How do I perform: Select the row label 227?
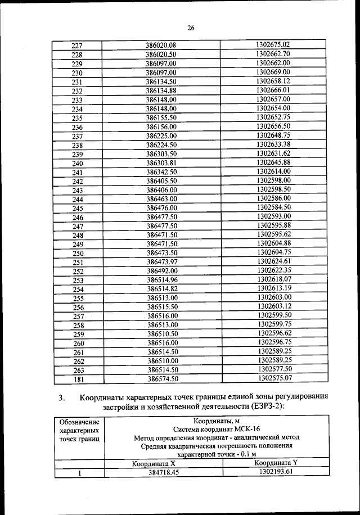pyautogui.click(x=78, y=46)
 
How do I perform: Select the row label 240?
pyautogui.click(x=78, y=163)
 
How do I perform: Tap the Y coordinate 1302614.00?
pyautogui.click(x=273, y=171)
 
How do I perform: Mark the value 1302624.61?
pyautogui.click(x=274, y=261)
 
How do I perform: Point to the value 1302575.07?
pyautogui.click(x=274, y=378)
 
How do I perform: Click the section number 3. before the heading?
pyautogui.click(x=62, y=399)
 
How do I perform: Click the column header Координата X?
pyautogui.click(x=154, y=464)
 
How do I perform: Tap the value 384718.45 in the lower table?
pyautogui.click(x=164, y=473)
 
